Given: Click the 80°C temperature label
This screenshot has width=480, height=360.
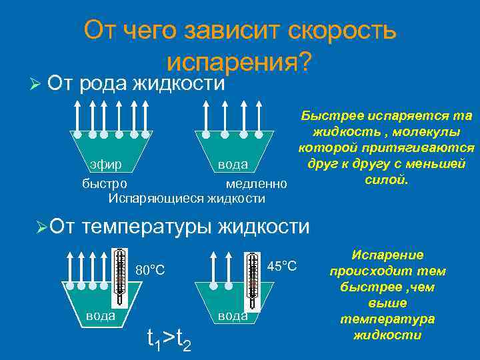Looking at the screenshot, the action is (x=150, y=271).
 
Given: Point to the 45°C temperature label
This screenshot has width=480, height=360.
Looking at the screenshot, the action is (x=282, y=266).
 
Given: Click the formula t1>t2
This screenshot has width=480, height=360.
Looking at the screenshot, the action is (x=169, y=339).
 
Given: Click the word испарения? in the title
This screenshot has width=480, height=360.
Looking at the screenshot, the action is (x=239, y=61).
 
